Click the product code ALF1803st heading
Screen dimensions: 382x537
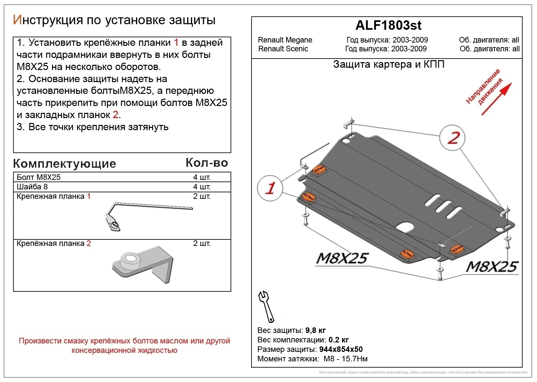click(388, 26)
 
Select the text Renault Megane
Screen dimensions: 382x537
click(285, 40)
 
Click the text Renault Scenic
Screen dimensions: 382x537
click(283, 49)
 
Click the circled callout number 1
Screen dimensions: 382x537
click(270, 188)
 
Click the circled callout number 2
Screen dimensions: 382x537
click(452, 138)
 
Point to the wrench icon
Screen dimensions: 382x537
click(266, 306)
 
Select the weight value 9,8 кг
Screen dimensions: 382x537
click(315, 330)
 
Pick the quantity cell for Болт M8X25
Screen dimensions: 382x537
click(202, 177)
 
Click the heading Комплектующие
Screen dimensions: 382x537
click(64, 164)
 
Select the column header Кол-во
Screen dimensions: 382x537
click(206, 163)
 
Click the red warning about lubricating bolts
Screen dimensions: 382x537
click(124, 345)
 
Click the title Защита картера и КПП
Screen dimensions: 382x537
click(389, 64)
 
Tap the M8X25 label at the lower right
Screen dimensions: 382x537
click(492, 267)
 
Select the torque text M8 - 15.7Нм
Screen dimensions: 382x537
click(345, 359)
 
